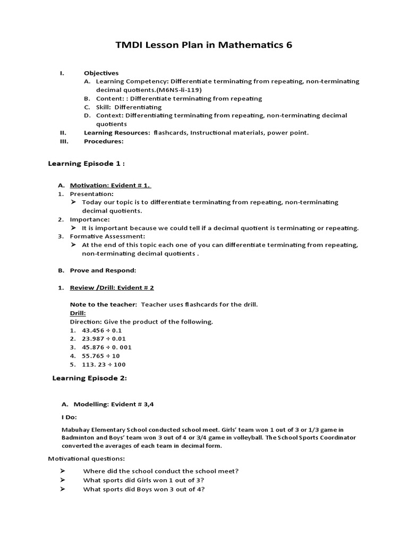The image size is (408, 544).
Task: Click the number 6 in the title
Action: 289,45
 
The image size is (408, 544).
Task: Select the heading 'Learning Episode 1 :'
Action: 87,164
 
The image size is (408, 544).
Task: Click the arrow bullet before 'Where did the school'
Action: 62,471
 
